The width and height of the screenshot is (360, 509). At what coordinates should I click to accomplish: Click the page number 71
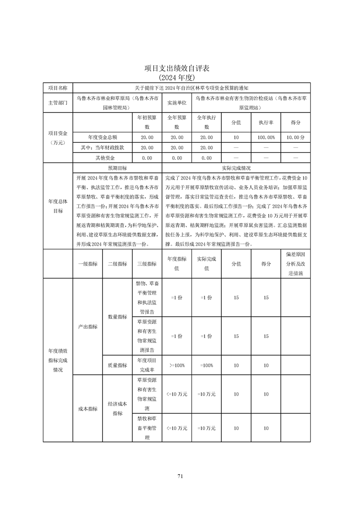pyautogui.click(x=180, y=476)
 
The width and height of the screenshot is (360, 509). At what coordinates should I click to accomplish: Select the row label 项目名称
pyautogui.click(x=58, y=88)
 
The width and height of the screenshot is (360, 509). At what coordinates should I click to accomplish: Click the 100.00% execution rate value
pyautogui.click(x=266, y=137)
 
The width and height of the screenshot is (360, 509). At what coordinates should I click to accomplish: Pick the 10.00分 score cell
pyautogui.click(x=296, y=137)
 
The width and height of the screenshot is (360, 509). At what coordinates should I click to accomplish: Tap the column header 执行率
pyautogui.click(x=266, y=122)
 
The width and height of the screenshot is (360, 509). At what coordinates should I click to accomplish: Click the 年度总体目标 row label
pyautogui.click(x=58, y=206)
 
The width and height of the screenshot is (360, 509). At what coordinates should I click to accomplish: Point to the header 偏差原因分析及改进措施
pyautogui.click(x=296, y=264)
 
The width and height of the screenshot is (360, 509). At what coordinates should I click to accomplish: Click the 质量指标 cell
pyautogui.click(x=117, y=365)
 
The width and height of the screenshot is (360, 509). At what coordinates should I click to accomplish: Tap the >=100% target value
pyautogui.click(x=177, y=365)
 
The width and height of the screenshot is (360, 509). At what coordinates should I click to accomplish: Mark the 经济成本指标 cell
pyautogui.click(x=117, y=408)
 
